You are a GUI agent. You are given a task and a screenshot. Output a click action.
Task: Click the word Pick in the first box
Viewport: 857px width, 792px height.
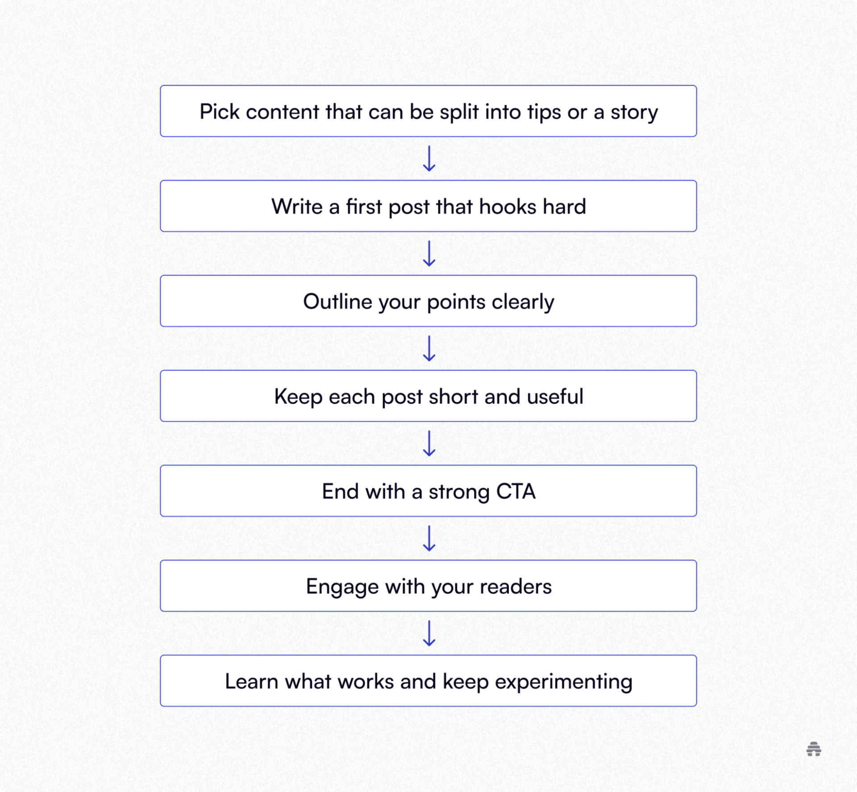click(219, 112)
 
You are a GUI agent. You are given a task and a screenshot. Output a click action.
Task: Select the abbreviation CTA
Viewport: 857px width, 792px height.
click(516, 492)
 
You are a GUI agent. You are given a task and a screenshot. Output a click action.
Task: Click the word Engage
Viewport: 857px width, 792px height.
click(342, 587)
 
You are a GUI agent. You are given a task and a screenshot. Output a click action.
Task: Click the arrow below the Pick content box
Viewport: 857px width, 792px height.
click(429, 159)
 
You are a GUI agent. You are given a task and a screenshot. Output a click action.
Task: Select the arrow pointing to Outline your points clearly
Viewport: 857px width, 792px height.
click(429, 254)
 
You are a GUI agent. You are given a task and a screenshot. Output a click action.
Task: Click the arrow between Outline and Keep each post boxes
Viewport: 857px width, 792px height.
click(429, 348)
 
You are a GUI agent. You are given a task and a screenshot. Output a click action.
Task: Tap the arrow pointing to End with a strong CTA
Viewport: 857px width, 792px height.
click(429, 444)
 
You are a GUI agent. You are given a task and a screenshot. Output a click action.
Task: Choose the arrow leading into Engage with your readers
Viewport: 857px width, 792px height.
click(429, 539)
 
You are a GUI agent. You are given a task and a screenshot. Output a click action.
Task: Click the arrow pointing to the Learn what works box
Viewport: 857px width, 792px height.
click(429, 634)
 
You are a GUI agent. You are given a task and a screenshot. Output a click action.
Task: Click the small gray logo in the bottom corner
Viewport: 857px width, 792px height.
click(814, 749)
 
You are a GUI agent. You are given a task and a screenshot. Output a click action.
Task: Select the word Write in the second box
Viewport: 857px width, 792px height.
click(296, 207)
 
